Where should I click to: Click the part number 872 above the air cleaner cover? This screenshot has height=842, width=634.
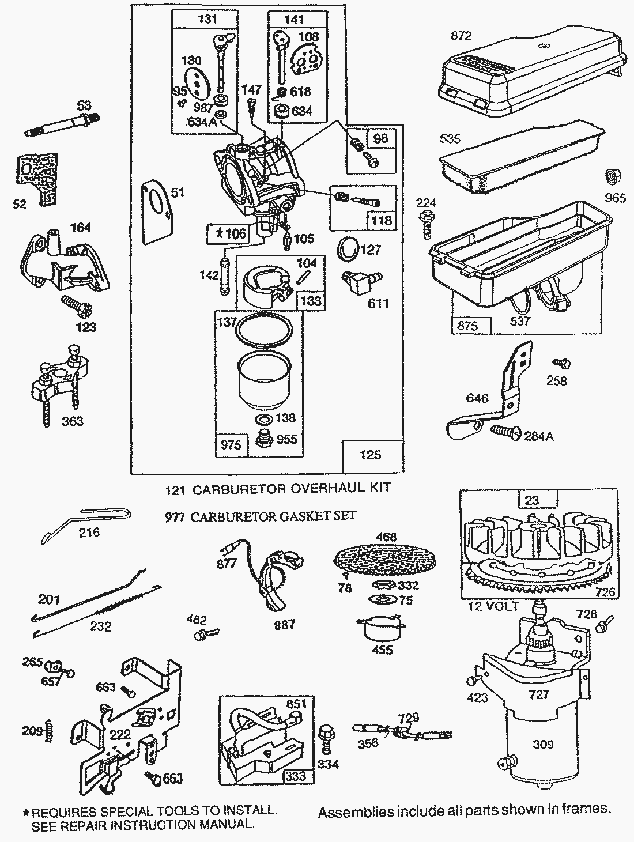tap(461, 36)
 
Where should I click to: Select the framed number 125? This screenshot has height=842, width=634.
tap(370, 455)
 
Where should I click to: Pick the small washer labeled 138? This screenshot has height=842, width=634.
tap(264, 419)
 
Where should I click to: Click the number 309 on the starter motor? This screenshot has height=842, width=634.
tap(542, 744)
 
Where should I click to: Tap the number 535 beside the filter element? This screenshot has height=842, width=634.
tap(450, 139)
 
